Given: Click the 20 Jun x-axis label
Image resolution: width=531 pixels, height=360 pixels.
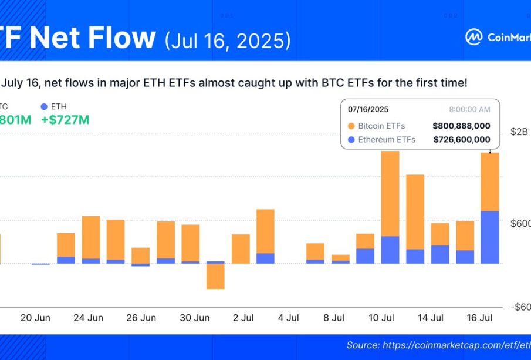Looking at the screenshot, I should (x=35, y=318).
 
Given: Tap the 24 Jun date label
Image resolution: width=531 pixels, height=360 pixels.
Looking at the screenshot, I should (x=88, y=318).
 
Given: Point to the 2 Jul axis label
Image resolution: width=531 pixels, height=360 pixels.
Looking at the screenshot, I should (x=242, y=318).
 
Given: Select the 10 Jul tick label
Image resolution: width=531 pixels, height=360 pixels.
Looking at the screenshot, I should (x=381, y=318).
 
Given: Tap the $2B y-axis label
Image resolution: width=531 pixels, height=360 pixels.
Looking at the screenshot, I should (x=519, y=132).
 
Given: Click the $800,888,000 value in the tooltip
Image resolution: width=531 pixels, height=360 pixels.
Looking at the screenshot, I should (x=461, y=126).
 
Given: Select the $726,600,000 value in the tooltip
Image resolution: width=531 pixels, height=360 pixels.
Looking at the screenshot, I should (x=461, y=140).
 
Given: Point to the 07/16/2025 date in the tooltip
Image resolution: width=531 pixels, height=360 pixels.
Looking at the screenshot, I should (x=368, y=109).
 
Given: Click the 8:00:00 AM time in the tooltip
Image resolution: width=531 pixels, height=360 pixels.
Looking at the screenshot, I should (x=469, y=109).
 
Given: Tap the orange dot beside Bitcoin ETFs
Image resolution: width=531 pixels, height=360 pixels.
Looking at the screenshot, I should (x=351, y=126).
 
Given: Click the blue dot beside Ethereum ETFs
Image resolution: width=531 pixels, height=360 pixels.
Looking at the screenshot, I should (x=351, y=140).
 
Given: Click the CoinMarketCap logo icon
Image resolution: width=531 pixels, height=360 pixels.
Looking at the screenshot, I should (x=473, y=37).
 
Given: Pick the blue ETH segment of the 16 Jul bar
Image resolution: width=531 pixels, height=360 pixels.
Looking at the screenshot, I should (x=490, y=237).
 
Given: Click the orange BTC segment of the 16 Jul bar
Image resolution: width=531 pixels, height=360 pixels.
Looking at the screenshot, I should (x=490, y=181).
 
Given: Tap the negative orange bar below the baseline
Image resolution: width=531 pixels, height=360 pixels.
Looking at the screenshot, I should (x=215, y=276).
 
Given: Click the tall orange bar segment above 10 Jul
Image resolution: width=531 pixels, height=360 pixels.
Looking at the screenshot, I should (x=390, y=193).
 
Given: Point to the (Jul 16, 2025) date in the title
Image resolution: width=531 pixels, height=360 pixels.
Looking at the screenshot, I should (x=228, y=40).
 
